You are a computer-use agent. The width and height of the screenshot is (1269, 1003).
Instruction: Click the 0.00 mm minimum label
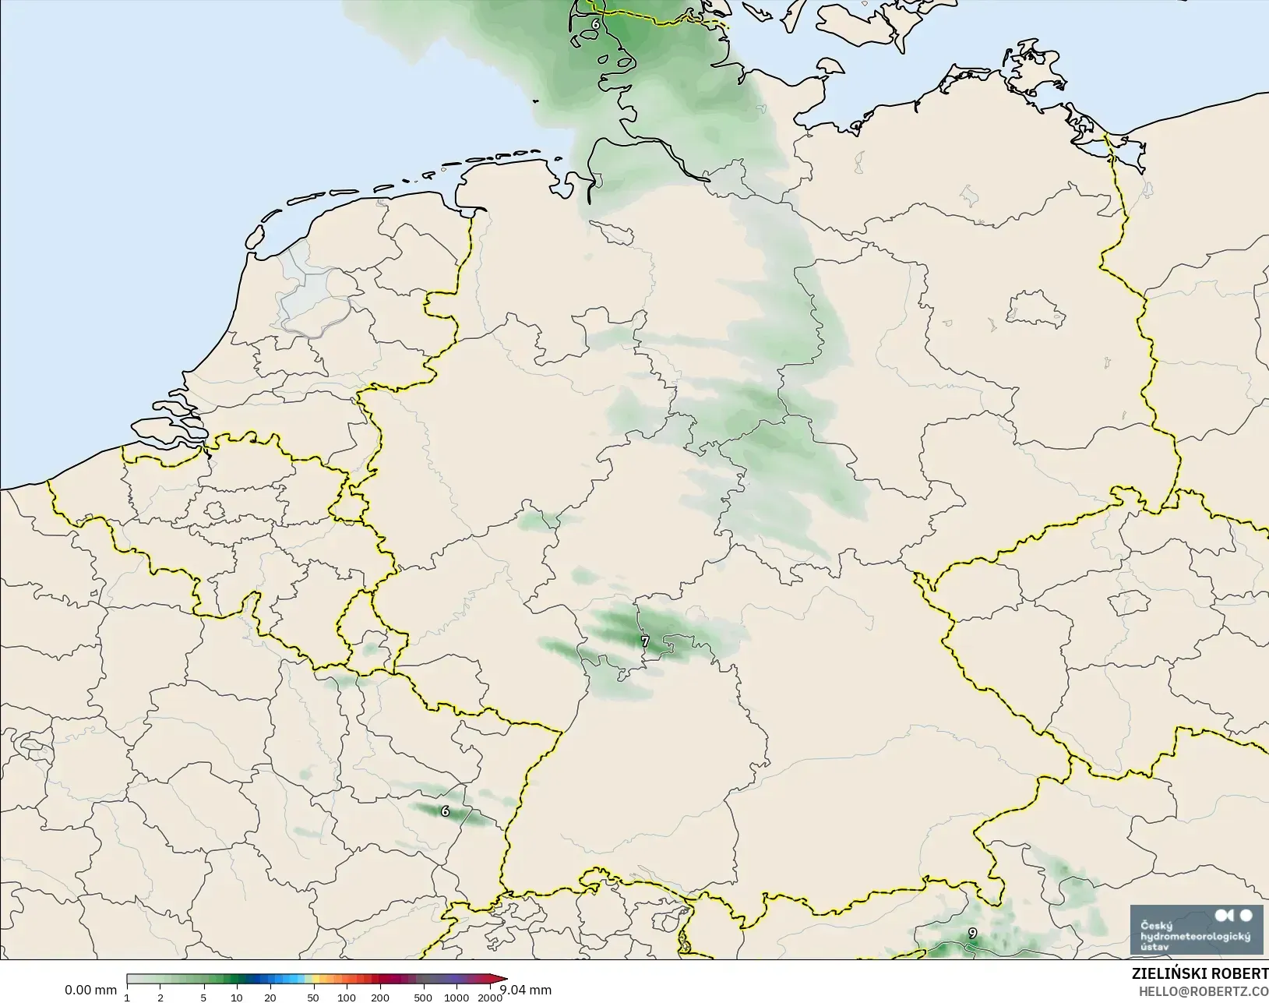(90, 990)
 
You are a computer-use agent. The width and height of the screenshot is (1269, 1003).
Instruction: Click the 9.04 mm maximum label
(525, 990)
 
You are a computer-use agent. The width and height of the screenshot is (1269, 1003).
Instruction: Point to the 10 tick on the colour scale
(236, 998)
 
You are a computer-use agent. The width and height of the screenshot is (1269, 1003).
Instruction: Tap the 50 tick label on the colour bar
(312, 998)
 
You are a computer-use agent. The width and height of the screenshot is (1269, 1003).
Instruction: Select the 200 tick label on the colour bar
(380, 998)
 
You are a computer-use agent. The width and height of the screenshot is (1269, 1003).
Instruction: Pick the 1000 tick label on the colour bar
(456, 998)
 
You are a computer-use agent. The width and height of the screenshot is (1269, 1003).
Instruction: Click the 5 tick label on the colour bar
(203, 998)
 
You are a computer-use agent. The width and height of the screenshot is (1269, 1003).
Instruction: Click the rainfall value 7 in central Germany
(644, 641)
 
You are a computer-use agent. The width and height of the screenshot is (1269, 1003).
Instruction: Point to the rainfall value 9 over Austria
(972, 933)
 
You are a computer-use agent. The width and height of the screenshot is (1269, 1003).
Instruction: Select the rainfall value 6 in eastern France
(445, 811)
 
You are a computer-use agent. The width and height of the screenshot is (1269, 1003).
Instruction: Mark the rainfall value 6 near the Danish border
(596, 23)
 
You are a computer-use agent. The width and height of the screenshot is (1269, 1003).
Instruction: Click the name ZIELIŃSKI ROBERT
(1200, 973)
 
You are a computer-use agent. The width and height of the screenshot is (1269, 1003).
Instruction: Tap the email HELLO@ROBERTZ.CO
(1204, 991)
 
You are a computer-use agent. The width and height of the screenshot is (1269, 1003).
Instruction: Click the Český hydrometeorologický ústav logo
(1197, 929)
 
